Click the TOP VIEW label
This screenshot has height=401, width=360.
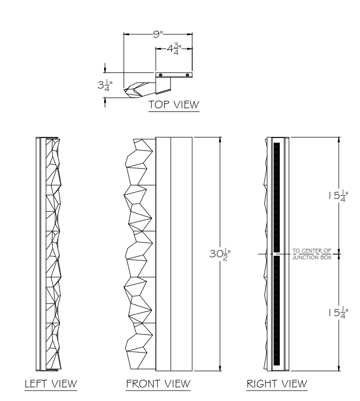click(x=173, y=104)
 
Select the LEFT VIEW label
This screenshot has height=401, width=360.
click(x=51, y=384)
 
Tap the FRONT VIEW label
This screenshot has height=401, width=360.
click(x=158, y=384)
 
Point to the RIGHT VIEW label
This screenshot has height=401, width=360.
click(x=277, y=384)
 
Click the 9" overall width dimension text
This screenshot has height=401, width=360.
click(x=158, y=34)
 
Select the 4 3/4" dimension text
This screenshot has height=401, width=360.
click(x=173, y=49)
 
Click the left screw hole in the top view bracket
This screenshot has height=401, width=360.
click(x=161, y=76)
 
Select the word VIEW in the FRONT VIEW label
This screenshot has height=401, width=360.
click(x=175, y=384)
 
